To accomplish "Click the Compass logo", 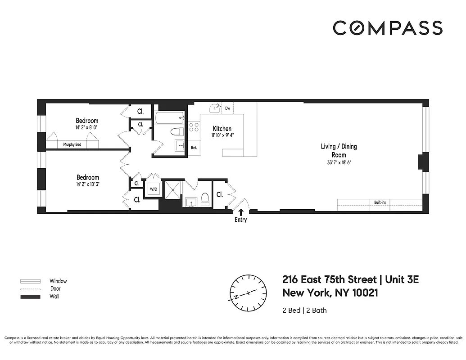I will click(x=388, y=28).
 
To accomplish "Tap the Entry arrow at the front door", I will click(x=241, y=211).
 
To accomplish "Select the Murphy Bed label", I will click(x=72, y=144).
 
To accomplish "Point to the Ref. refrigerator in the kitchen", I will click(x=194, y=148).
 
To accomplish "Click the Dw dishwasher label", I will click(x=228, y=108).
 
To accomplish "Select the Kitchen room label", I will click(x=222, y=129).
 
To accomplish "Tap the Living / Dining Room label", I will click(x=339, y=151).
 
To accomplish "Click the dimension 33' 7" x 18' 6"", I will click(x=339, y=162).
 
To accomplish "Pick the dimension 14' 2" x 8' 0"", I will click(x=86, y=127).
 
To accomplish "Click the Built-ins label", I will click(x=380, y=202).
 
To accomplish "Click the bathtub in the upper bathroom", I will click(x=169, y=118).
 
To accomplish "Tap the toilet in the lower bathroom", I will click(x=205, y=199).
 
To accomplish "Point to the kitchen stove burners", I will click(x=194, y=127).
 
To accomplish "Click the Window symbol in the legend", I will click(x=31, y=281).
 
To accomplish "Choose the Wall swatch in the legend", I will click(x=31, y=297).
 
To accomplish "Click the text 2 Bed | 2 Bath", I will click(x=304, y=310).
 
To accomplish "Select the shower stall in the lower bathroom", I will click(x=172, y=189).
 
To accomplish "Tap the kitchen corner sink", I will click(x=214, y=108).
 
